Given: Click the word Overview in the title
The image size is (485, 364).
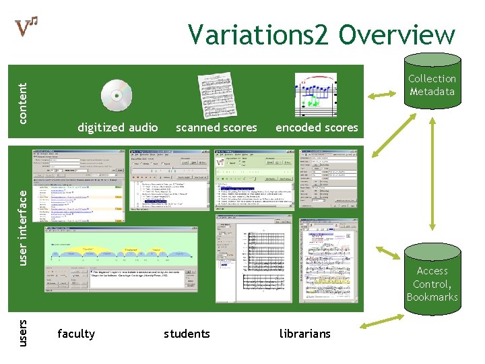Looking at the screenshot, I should click(397, 34).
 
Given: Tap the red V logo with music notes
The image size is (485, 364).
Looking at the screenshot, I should click(26, 26).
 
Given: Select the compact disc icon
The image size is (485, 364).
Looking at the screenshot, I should click(116, 95).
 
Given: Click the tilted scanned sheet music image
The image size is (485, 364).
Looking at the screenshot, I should click(217, 95).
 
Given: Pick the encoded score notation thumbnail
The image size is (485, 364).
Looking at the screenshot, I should click(315, 94).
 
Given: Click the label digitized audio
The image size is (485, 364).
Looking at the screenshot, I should click(118, 127).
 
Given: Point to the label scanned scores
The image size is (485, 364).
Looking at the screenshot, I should click(216, 127).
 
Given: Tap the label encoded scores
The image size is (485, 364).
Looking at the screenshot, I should click(317, 127).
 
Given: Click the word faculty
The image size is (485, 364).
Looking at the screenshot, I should click(76, 334).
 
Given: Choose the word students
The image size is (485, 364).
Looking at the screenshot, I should click(187, 334).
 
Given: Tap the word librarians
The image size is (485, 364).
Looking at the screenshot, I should click(305, 334).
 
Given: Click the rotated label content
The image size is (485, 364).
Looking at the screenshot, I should click(23, 103).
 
